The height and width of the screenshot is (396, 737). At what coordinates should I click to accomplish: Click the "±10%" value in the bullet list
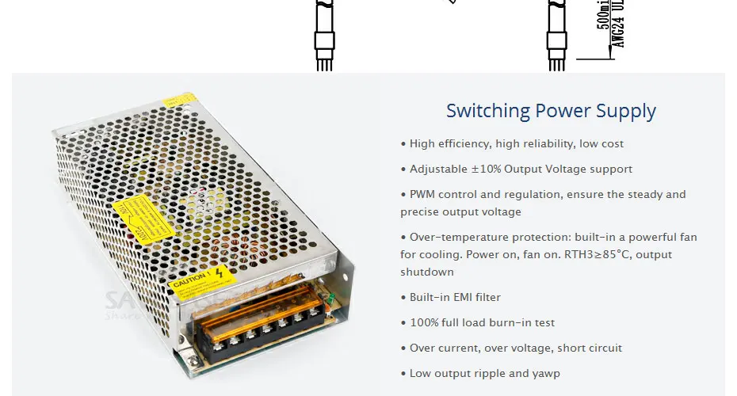(x=487, y=169)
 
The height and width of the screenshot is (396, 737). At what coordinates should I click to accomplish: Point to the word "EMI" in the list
(x=461, y=297)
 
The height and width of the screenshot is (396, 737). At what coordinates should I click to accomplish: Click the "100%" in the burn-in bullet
(x=423, y=322)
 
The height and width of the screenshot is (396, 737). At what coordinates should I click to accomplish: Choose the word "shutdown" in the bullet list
(x=427, y=272)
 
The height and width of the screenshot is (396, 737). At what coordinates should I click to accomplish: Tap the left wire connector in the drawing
(x=323, y=41)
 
